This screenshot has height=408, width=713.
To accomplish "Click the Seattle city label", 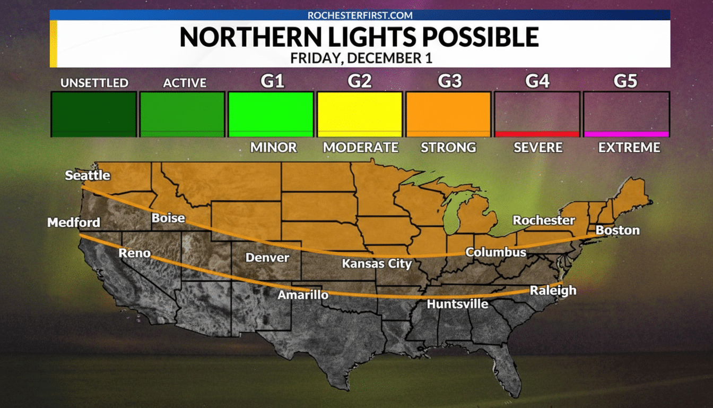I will pyautogui.click(x=88, y=175).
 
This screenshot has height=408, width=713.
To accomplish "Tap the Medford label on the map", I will pyautogui.click(x=74, y=223).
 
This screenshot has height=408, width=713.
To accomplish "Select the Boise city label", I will pyautogui.click(x=168, y=218).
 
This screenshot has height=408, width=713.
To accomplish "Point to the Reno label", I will pyautogui.click(x=134, y=253).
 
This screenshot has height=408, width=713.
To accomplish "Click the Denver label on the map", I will pyautogui.click(x=267, y=258).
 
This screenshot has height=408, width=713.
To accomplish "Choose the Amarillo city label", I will pyautogui.click(x=303, y=294).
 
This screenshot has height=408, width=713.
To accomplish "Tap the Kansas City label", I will pyautogui.click(x=377, y=263).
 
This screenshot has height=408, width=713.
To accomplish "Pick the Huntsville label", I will pyautogui.click(x=458, y=304).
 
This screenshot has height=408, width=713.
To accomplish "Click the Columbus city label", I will pyautogui.click(x=495, y=252).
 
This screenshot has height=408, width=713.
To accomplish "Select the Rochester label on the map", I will pyautogui.click(x=544, y=220).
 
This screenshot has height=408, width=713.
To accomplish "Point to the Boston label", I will pyautogui.click(x=618, y=231).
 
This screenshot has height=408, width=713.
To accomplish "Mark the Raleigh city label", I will pyautogui.click(x=553, y=291).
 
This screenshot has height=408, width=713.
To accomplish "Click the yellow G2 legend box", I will pyautogui.click(x=359, y=114).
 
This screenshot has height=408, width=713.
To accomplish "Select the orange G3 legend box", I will pyautogui.click(x=448, y=114).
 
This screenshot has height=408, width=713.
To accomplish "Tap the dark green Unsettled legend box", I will pyautogui.click(x=94, y=114).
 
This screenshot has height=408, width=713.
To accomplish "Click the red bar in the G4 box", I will pyautogui.click(x=537, y=134).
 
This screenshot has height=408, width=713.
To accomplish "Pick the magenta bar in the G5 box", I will pyautogui.click(x=626, y=134).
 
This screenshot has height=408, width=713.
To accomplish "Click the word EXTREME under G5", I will pyautogui.click(x=629, y=148).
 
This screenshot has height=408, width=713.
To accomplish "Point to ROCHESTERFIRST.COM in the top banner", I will pyautogui.click(x=360, y=15).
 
